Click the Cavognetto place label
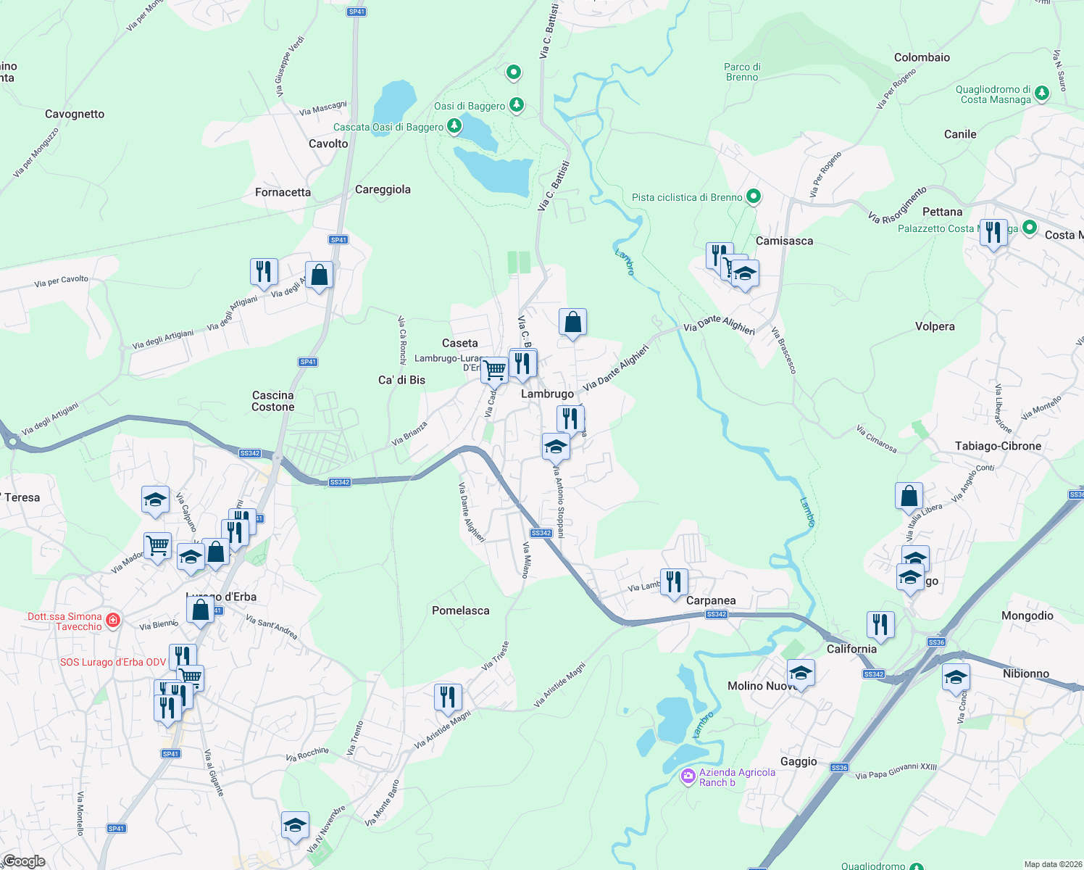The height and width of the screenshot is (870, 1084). click(x=75, y=114)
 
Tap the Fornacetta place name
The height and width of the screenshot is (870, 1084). click(x=283, y=192)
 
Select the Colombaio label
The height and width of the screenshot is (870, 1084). click(x=922, y=57)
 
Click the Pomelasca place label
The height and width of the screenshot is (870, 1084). click(x=460, y=610)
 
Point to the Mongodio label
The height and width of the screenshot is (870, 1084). click(x=1027, y=616)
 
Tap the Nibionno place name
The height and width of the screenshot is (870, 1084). click(x=1025, y=674)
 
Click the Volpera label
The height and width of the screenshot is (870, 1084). click(x=935, y=326)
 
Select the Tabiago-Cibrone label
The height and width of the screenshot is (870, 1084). click(x=998, y=446)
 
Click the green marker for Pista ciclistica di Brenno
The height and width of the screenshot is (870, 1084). click(x=754, y=196)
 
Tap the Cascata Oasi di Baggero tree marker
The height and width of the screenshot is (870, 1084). click(x=454, y=127)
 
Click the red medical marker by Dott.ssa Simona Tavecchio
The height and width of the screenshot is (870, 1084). click(x=113, y=621)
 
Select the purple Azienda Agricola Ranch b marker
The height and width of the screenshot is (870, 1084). click(x=688, y=776)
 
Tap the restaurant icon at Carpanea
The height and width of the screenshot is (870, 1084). click(x=674, y=582)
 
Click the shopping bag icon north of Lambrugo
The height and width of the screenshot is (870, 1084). click(x=572, y=322)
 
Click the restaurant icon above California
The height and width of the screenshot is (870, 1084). click(x=880, y=624)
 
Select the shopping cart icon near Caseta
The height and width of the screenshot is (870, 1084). click(x=494, y=370)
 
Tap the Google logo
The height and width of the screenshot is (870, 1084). click(x=25, y=861)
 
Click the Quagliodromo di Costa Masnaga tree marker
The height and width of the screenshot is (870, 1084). click(x=1041, y=93)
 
